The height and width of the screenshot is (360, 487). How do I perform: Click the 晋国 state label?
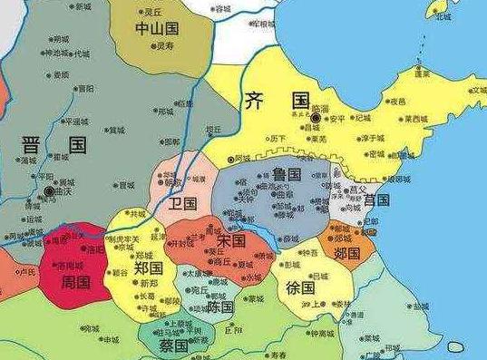point(56,146)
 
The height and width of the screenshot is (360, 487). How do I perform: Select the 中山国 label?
point(155,29)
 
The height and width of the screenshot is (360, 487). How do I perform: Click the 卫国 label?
point(183,202)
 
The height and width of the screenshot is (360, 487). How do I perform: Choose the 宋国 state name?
point(231,241)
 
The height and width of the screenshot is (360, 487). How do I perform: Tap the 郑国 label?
point(148,269)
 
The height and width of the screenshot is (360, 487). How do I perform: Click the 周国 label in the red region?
point(76,282)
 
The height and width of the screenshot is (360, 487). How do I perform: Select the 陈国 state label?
point(220,307)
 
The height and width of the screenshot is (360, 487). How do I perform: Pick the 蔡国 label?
point(172,345)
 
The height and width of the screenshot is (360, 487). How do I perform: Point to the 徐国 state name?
point(300,287)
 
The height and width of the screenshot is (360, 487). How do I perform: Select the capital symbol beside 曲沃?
point(46,192)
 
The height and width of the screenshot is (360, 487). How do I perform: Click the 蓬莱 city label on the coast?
point(422,73)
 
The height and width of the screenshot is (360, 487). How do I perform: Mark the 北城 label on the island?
point(443,15)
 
